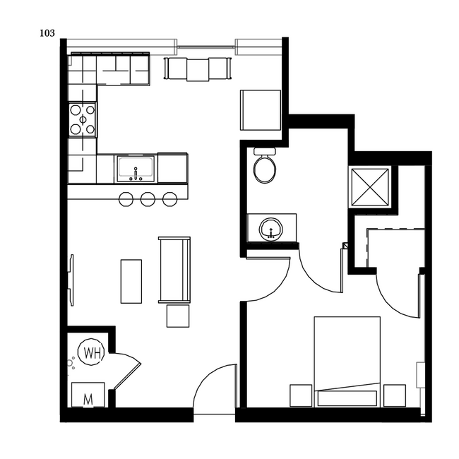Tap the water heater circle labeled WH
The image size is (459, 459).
coord(92,352)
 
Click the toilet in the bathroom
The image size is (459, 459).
coord(266,167)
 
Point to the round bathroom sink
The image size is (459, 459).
coord(271,228)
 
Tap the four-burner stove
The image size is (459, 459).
coord(83,119)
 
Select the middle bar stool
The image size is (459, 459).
coord(148,199)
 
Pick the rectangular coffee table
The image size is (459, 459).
coord(131,281)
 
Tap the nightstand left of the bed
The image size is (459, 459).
coord(301,395)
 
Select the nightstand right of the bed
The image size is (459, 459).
coord(394,395)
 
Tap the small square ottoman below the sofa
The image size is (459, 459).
coord(178,316)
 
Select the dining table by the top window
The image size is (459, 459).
coord(198,68)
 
